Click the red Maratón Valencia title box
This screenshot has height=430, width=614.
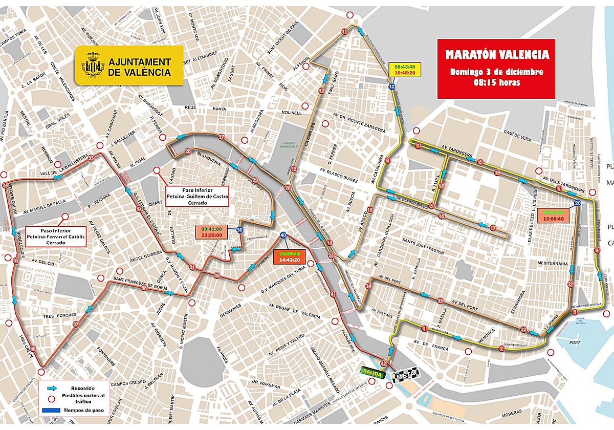point(496,68)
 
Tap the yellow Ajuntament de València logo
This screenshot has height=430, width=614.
point(129,65)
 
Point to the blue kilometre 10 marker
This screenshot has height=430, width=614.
point(392,87)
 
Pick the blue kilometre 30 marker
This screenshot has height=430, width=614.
point(240,230)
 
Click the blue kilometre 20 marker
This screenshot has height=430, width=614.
point(578,203)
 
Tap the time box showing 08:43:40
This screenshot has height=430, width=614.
point(404,70)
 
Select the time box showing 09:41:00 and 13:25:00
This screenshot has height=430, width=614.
point(211,232)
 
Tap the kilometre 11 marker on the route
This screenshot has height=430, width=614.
point(344,32)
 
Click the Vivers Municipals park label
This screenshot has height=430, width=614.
point(291,145)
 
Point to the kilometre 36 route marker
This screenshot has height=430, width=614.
point(33,349)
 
